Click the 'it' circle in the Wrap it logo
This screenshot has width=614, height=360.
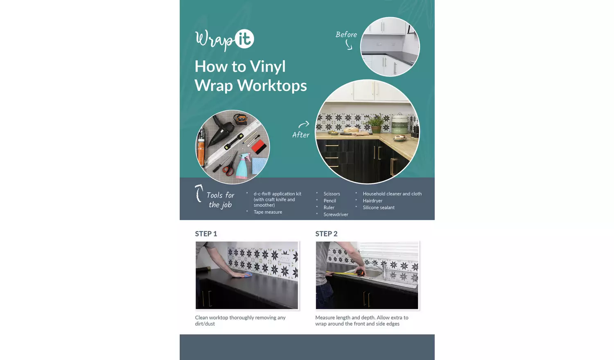pos(244,38)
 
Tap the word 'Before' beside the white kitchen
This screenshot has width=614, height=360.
pos(346,34)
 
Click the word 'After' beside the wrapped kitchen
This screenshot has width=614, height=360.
pos(301,135)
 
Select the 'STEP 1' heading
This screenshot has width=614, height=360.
pos(206,234)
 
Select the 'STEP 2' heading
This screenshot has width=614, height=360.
pos(326,234)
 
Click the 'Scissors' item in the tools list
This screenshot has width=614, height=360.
pos(332,193)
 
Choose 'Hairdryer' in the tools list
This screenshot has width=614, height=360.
pos(372,200)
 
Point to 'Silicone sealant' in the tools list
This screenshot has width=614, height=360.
pos(379,207)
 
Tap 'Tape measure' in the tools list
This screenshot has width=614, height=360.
pos(268,212)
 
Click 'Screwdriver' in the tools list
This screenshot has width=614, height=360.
pos(336,214)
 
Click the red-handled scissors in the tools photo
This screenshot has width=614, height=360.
pos(229,165)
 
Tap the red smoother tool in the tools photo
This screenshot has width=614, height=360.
pos(259,146)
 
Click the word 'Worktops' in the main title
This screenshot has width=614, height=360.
pos(272,85)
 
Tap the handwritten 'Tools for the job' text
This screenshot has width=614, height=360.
pos(220,200)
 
